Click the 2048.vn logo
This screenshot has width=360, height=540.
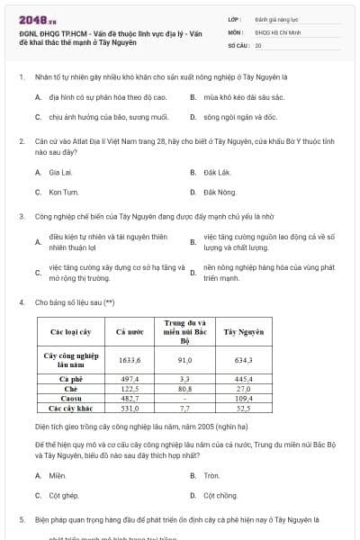[x=32, y=18]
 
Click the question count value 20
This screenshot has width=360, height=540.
[x=258, y=45]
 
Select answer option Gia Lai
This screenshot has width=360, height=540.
[x=60, y=171]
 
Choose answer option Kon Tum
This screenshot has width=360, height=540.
[x=63, y=192]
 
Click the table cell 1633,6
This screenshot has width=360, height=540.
[x=131, y=360]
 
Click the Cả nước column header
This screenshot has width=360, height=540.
[x=131, y=332]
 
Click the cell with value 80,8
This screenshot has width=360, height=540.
[x=184, y=388]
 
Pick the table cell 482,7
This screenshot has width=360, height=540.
[x=131, y=398]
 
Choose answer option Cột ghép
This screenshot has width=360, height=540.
[x=64, y=495]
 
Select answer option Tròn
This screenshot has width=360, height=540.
[x=211, y=475]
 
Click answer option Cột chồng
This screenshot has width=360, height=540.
[x=220, y=495]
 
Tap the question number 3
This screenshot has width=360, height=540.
[x=21, y=216]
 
